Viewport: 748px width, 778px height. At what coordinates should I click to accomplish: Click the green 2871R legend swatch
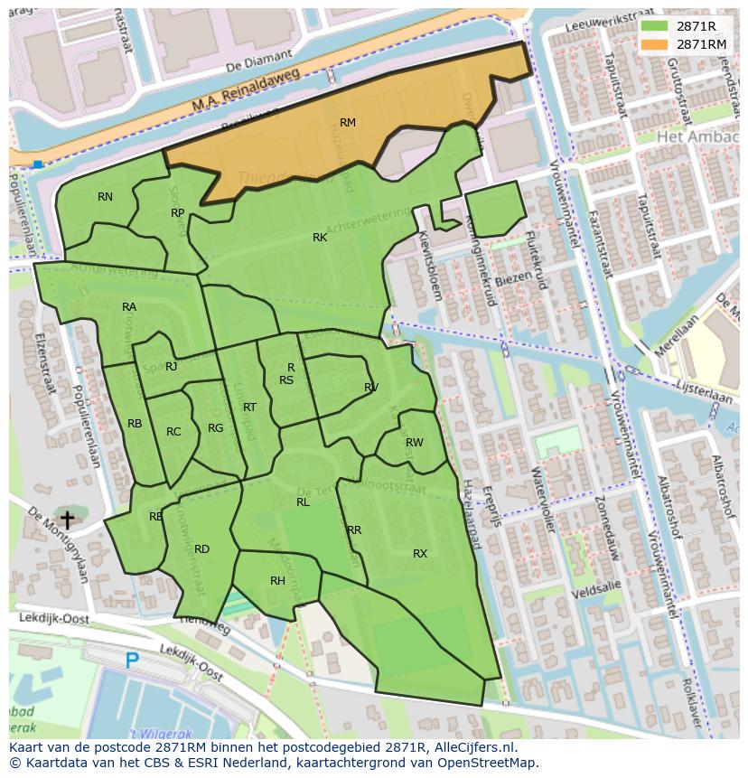[x=655, y=26]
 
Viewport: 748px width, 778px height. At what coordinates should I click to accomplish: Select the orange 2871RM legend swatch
[x=655, y=43]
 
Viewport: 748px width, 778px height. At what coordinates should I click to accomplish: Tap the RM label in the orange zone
[x=348, y=122]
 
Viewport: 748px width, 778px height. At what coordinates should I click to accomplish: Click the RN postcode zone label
[x=106, y=196]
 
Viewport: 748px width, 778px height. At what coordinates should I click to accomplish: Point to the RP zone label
[x=178, y=213]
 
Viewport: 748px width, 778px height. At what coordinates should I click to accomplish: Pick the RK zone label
[x=320, y=238]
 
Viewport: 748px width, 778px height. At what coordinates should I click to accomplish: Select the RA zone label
[x=129, y=307]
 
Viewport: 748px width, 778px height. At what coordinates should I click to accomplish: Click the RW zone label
[x=415, y=443]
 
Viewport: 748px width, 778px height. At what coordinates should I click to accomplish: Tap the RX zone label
[x=420, y=553]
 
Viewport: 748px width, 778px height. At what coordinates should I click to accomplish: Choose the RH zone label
[x=277, y=581]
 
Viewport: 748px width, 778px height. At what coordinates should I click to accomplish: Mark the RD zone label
[x=201, y=548]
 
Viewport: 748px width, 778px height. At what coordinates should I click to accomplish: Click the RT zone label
[x=249, y=408]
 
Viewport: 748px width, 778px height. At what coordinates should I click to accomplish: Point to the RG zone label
[x=215, y=428]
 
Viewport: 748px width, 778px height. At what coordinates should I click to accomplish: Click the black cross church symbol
[x=66, y=520]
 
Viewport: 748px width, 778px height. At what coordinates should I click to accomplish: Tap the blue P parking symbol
[x=132, y=661]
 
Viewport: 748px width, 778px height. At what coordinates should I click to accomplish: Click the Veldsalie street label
[x=598, y=586]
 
